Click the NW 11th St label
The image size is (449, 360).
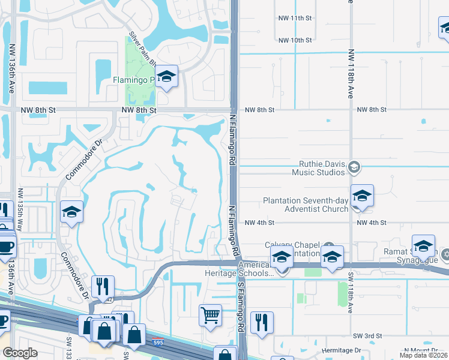coord(295,19)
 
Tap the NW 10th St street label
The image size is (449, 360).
coord(295,40)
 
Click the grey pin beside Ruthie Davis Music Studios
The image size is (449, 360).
coord(354,167)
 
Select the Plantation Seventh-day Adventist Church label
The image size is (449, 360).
coord(305,205)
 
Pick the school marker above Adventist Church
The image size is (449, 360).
coord(362,196)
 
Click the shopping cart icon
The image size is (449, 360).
coord(211,314)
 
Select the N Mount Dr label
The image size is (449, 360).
coord(423,350)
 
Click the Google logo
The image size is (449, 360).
coord(20,353)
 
